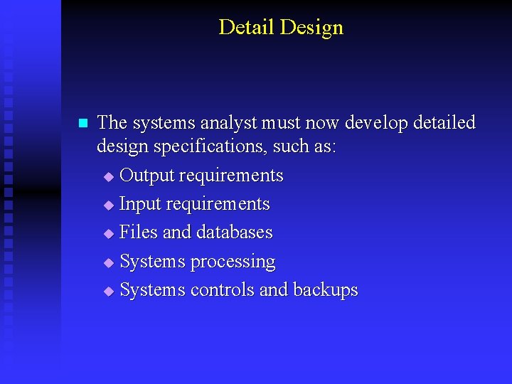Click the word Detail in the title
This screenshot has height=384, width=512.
[247, 27]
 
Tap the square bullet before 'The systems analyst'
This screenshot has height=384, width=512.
[82, 123]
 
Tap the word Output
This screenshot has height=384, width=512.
[147, 176]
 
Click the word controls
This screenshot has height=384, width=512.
[223, 290]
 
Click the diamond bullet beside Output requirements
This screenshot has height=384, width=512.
[108, 176]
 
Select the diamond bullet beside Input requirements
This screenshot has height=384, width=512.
[108, 205]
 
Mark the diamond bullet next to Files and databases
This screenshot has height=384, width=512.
[108, 233]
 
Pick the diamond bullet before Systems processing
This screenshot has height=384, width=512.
[108, 262]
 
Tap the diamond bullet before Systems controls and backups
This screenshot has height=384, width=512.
[108, 291]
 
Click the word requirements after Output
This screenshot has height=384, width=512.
[231, 176]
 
